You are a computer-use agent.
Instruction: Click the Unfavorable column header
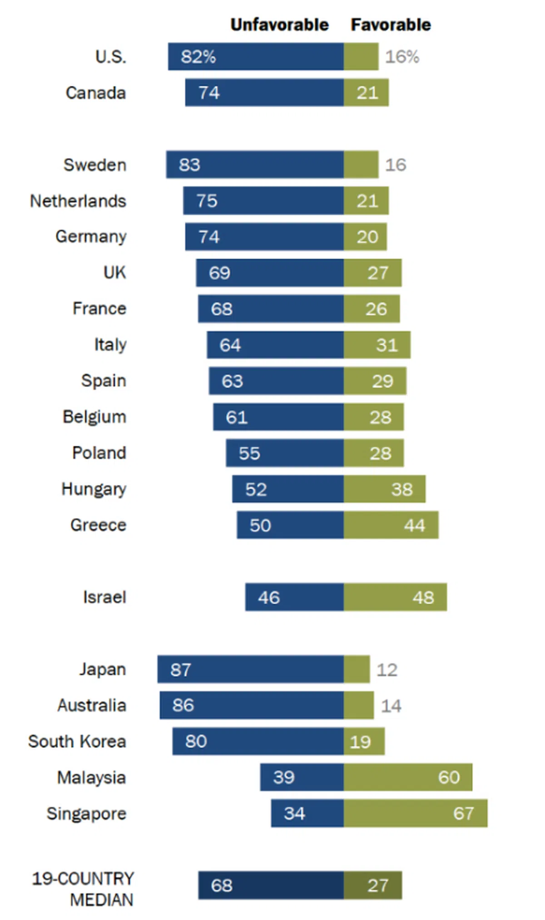point(279,25)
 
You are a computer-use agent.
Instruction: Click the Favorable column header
point(391,25)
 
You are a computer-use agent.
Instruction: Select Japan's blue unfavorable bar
point(250,669)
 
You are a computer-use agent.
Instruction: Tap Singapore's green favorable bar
point(416,813)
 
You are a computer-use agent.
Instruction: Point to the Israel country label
point(104,597)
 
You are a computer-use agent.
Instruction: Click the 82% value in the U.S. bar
point(198,57)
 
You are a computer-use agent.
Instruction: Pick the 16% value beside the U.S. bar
point(402,57)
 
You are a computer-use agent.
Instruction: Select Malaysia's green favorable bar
point(408,777)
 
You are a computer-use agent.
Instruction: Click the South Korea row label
point(77,741)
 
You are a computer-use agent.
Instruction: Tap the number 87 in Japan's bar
point(181,669)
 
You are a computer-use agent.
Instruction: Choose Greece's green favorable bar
point(391,525)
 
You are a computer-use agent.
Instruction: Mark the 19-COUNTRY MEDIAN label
point(84,889)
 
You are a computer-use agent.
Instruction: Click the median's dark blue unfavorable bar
point(271,885)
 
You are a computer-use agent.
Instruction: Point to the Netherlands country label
point(78,201)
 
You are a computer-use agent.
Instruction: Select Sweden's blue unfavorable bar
point(255,164)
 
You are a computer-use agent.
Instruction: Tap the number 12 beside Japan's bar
point(387,670)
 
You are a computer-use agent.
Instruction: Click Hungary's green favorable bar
point(385,489)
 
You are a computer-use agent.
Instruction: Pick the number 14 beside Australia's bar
point(391,706)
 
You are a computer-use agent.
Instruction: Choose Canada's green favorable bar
point(366,93)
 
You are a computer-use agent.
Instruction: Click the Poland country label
point(99,453)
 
